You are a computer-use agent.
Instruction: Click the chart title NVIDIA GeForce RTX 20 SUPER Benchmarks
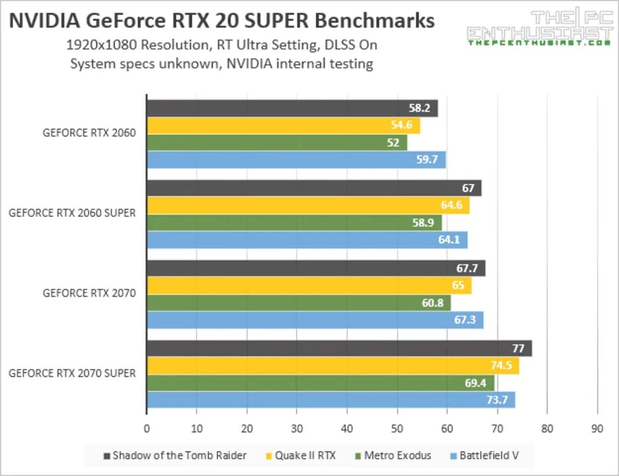[x=222, y=20]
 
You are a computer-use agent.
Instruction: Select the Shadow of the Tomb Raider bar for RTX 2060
[x=292, y=108]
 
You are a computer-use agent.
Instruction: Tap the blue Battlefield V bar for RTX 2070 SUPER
[x=330, y=400]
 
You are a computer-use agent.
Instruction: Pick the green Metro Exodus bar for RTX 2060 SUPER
[x=294, y=223]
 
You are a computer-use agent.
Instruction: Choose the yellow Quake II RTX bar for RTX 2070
[x=309, y=286]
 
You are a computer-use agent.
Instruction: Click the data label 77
[x=519, y=348]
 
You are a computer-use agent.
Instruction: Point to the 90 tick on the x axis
[x=597, y=428]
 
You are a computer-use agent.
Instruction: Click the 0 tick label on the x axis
[x=147, y=428]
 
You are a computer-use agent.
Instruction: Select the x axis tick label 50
[x=397, y=428]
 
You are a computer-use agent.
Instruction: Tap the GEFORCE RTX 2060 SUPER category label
[x=72, y=213]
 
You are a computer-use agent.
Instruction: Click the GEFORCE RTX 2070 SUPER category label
[x=72, y=374]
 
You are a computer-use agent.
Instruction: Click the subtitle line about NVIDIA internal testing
[x=222, y=64]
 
